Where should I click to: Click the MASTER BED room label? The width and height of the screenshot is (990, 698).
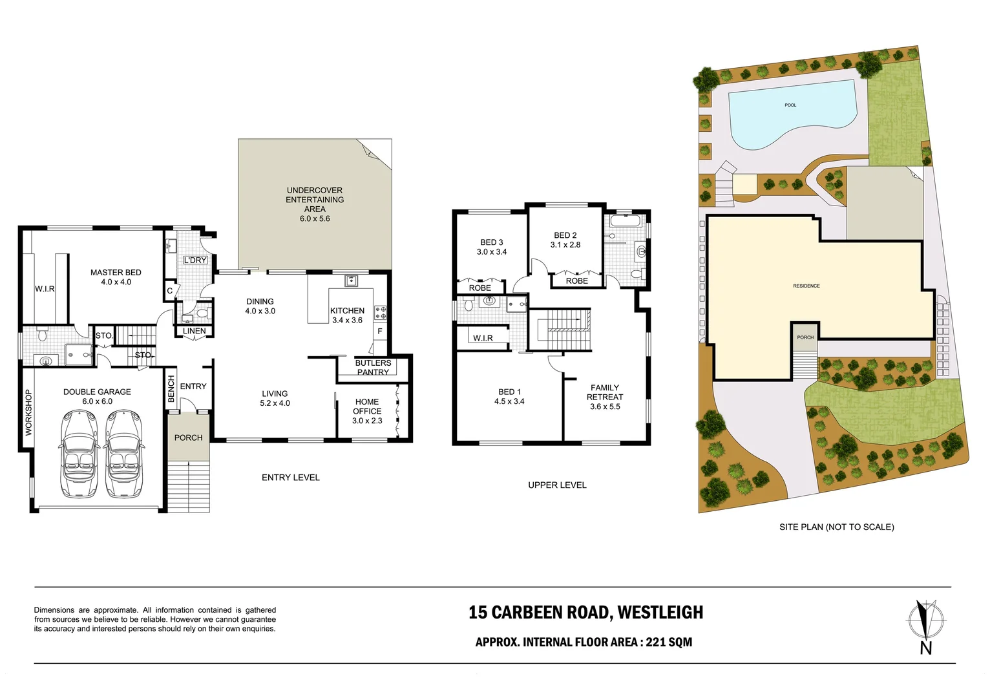point(116,273)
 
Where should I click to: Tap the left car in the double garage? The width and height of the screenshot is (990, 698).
point(79,455)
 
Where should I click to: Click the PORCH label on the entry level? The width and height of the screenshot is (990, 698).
point(188,438)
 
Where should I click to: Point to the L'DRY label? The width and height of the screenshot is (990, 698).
point(195,260)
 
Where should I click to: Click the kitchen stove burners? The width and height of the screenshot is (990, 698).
point(381,313)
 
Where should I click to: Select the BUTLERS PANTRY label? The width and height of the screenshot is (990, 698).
point(373,367)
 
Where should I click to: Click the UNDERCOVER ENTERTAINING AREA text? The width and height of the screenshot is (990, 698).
point(315,200)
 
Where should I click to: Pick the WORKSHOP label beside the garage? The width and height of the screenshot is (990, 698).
point(28,412)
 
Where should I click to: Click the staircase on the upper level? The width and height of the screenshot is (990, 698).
point(560,330)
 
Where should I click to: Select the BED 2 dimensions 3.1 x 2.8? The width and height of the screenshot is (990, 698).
point(565,245)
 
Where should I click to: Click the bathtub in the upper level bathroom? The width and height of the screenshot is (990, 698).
point(626,221)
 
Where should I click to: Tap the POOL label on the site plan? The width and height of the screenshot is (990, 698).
point(790,105)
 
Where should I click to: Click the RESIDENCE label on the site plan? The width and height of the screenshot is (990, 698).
point(806,286)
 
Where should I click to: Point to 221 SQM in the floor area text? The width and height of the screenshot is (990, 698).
point(669,642)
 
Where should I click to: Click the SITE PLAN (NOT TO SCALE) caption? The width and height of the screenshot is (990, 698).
point(836,527)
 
